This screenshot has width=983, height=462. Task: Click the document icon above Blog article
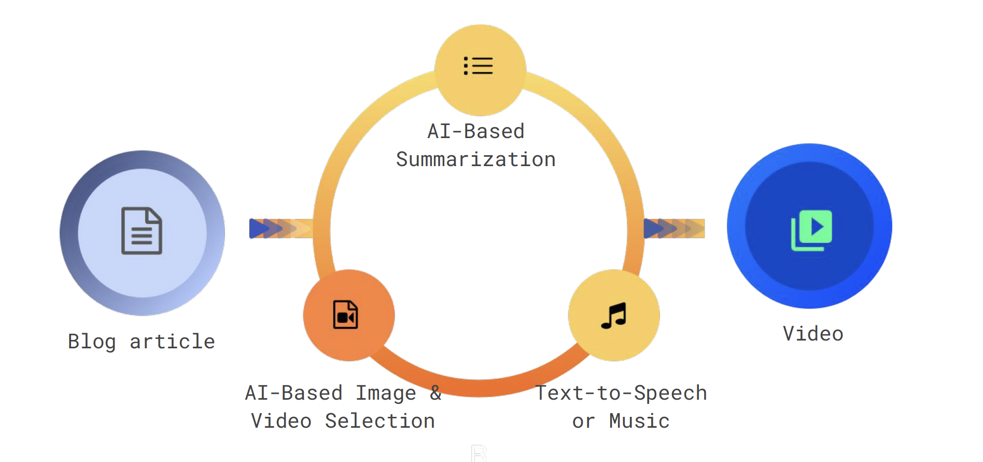[142, 231]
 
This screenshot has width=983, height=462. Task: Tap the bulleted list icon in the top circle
[478, 66]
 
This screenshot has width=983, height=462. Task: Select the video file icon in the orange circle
[346, 315]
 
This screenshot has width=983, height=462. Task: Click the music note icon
[614, 316]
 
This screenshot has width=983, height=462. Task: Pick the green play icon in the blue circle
[812, 229]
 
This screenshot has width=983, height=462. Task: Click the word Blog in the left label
[92, 342]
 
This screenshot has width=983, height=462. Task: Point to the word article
[172, 342]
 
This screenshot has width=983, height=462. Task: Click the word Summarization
[475, 159]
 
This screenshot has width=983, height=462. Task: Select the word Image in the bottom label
[386, 393]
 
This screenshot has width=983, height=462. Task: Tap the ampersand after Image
[436, 392]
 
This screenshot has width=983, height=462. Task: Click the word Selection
[380, 421]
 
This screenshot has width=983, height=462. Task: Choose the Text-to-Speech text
[621, 393]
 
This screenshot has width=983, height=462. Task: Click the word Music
[639, 421]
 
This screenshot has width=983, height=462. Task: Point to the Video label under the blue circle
[813, 334]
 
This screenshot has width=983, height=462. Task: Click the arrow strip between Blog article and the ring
[280, 228]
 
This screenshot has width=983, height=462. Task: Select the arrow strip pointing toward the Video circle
[674, 228]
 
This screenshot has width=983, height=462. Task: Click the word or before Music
[583, 421]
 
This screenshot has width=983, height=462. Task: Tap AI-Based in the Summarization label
[475, 131]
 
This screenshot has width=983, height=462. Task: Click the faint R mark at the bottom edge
[479, 454]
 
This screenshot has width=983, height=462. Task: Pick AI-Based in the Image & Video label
[293, 393]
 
